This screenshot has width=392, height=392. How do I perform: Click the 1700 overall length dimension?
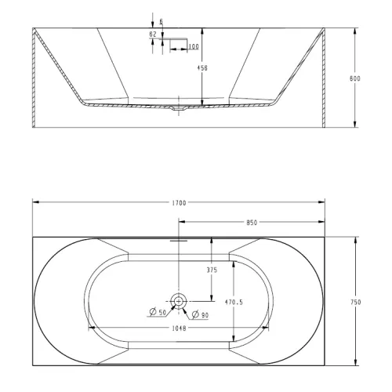(x=179, y=203)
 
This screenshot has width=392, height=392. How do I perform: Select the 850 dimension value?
(x=252, y=223)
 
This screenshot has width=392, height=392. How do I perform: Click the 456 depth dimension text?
(x=202, y=67)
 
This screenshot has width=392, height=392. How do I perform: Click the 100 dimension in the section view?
(x=193, y=48)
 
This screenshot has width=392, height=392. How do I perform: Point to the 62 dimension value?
(x=152, y=34)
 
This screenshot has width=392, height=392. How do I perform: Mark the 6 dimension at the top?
(x=160, y=21)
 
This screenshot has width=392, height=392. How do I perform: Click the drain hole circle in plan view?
(x=179, y=299)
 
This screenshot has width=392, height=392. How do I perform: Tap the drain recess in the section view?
(x=179, y=108)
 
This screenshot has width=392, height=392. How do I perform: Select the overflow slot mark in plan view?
(x=179, y=242)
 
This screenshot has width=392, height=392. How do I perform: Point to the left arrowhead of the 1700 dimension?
(x=36, y=203)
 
